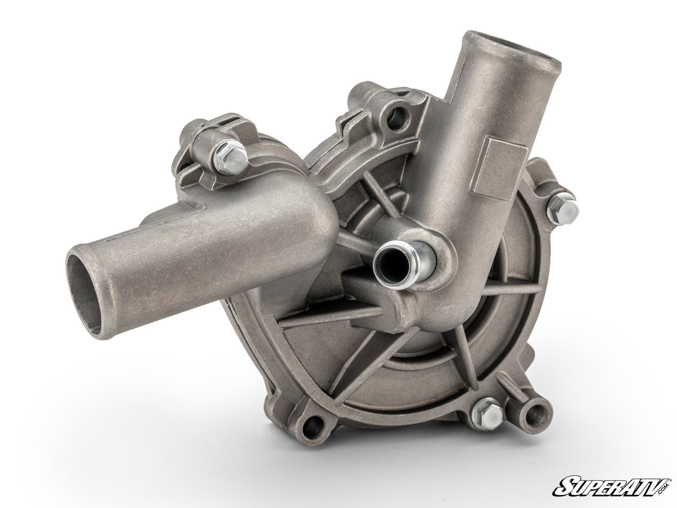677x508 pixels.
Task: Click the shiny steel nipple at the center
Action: [391, 262]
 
